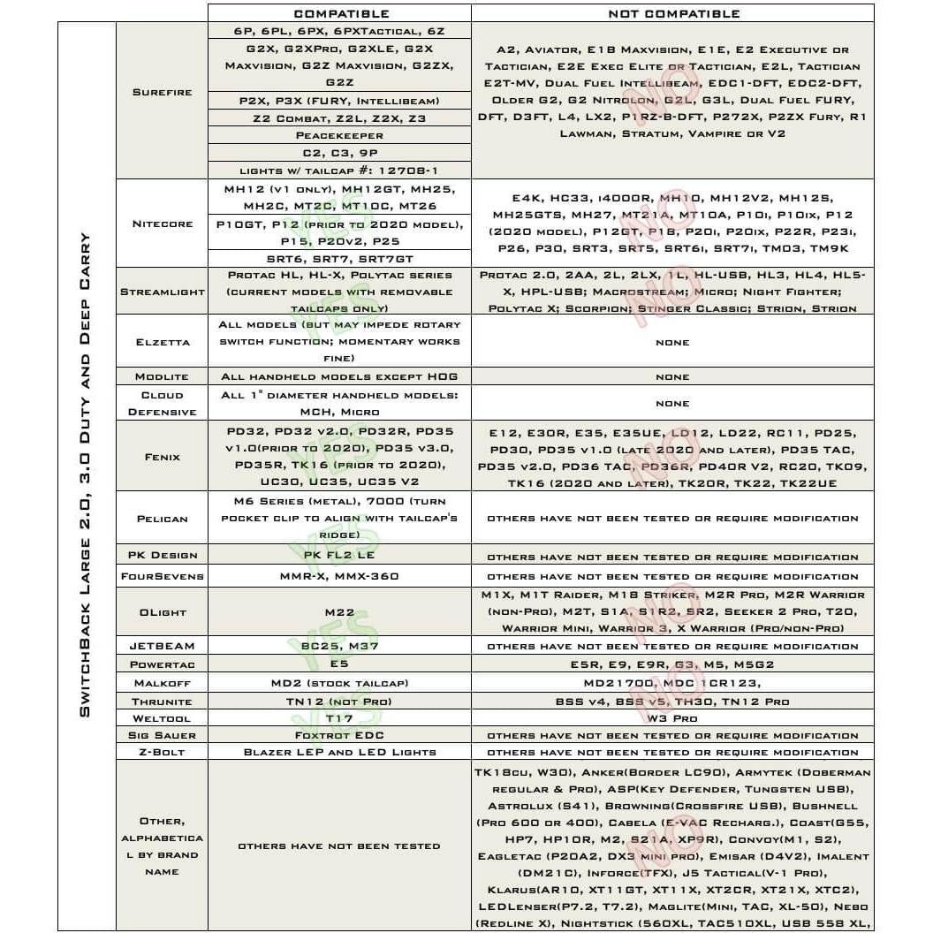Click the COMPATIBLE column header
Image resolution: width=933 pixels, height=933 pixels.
click(x=340, y=13)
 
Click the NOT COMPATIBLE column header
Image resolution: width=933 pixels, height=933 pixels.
click(x=673, y=13)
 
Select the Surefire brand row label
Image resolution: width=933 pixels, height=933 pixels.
click(x=162, y=92)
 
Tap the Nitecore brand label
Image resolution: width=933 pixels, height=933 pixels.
click(x=162, y=224)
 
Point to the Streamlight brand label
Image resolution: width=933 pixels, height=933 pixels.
click(x=162, y=292)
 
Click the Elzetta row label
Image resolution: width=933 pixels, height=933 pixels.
click(x=162, y=341)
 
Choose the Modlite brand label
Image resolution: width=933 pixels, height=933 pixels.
click(x=162, y=377)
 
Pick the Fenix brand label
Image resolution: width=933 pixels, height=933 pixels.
click(x=162, y=457)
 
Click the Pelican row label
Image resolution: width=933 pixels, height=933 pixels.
click(x=162, y=519)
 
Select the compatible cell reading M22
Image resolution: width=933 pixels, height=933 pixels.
click(x=339, y=612)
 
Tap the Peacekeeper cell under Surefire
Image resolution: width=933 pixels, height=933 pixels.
click(x=339, y=135)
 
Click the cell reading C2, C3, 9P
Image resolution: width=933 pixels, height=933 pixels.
click(x=339, y=152)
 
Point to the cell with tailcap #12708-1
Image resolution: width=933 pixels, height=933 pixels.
click(x=339, y=170)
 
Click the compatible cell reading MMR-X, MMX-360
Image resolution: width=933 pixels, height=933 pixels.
click(x=339, y=576)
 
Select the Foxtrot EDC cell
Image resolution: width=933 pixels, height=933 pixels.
click(x=339, y=735)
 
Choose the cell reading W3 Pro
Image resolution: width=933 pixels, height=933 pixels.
click(x=672, y=718)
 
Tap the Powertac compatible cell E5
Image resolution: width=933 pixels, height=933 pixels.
click(x=339, y=664)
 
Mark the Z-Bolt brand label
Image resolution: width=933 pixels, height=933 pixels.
click(x=162, y=752)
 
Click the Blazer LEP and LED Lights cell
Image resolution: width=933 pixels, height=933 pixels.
click(x=339, y=752)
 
